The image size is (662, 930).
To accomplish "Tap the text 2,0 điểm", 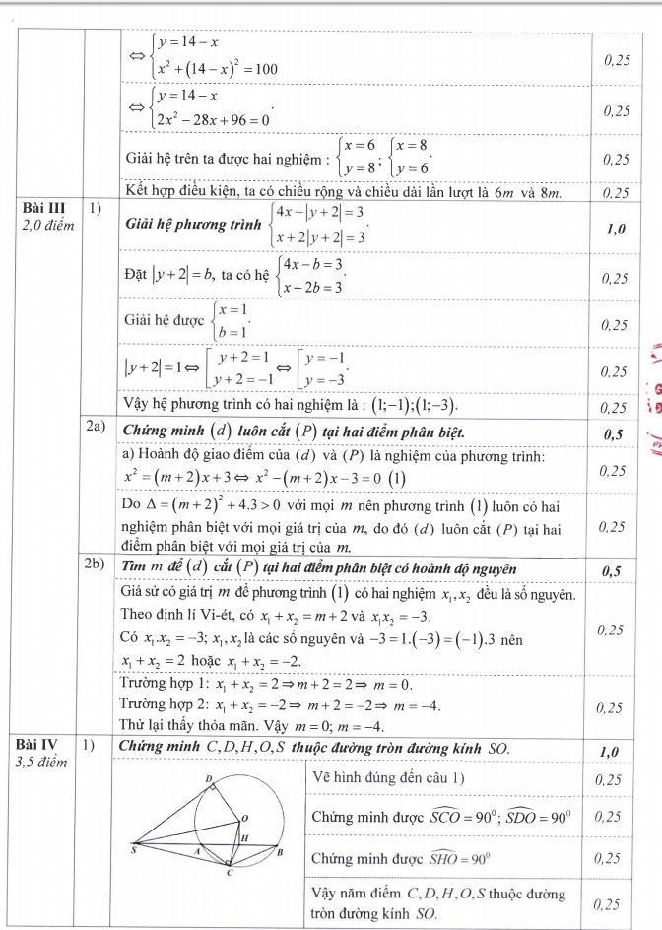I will tap(45, 226).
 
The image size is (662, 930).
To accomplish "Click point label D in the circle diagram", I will tap(208, 779).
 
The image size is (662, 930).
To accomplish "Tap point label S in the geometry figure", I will tap(135, 849).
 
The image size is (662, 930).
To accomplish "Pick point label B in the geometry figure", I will tap(282, 851).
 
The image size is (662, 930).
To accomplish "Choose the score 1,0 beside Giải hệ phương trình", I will tap(617, 229).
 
